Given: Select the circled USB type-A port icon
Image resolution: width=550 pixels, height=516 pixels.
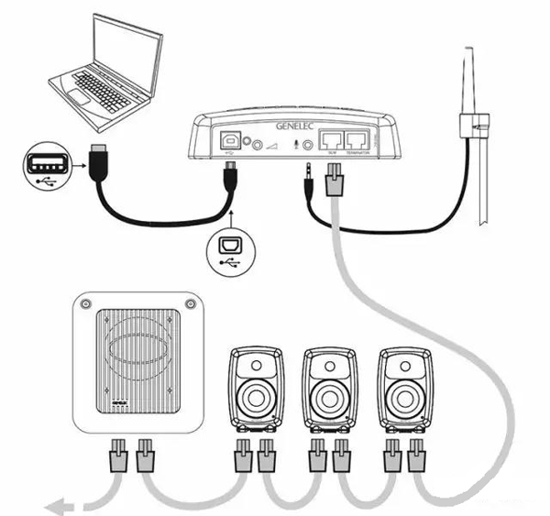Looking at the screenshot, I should click(47, 165).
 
